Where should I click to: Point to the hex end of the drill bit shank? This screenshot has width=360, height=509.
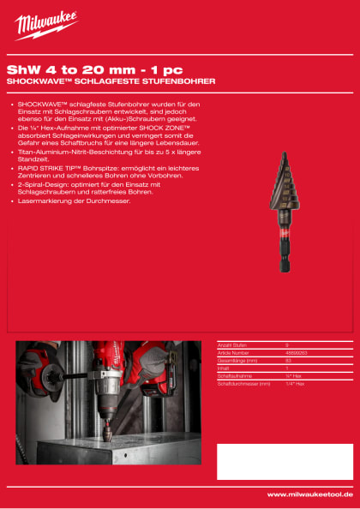point(285,262)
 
